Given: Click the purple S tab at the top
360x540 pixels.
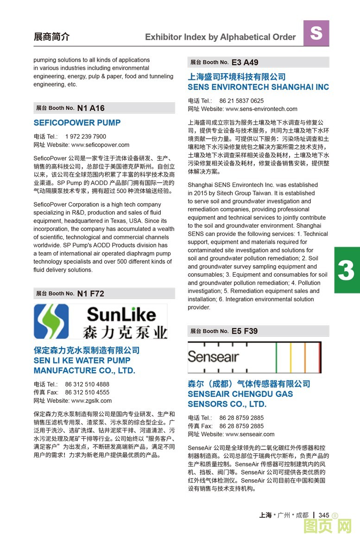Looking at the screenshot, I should pyautogui.click(x=316, y=33).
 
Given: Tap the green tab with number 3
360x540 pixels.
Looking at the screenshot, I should pyautogui.click(x=347, y=270).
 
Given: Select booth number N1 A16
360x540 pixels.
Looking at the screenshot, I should pyautogui.click(x=91, y=108).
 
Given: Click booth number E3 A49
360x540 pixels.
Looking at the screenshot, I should pyautogui.click(x=245, y=62).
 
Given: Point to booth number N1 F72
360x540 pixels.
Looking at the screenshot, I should pyautogui.click(x=90, y=293).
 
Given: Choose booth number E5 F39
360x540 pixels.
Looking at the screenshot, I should pyautogui.click(x=245, y=331).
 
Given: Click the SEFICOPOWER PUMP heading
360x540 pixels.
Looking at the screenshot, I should pyautogui.click(x=77, y=123).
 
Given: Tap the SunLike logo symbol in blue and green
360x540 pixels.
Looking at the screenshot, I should pyautogui.click(x=51, y=321).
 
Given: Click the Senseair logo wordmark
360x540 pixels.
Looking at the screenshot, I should pyautogui.click(x=213, y=357).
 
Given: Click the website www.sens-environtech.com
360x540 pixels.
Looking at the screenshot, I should pyautogui.click(x=261, y=109).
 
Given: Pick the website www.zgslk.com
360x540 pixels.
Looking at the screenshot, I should pyautogui.click(x=91, y=400).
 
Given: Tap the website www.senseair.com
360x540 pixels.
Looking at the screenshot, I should pyautogui.click(x=250, y=434).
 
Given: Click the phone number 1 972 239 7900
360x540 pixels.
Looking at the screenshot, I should pyautogui.click(x=86, y=137).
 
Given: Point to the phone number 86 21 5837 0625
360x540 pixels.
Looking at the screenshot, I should pyautogui.click(x=241, y=101).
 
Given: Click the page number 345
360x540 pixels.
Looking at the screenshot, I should pyautogui.click(x=323, y=515).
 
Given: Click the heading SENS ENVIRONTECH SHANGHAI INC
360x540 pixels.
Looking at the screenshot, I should pyautogui.click(x=258, y=87).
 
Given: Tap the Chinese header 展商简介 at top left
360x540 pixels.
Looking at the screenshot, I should pyautogui.click(x=51, y=37).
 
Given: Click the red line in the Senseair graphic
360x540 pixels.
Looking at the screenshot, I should pyautogui.click(x=320, y=357).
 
